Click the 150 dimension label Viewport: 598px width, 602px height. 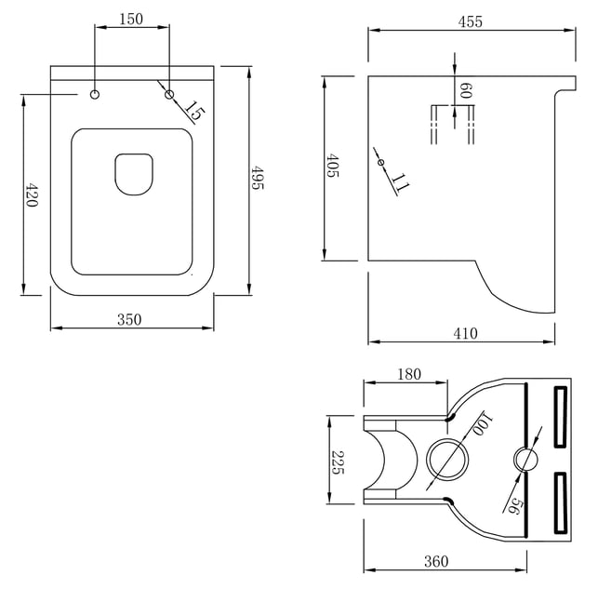[x=131, y=19]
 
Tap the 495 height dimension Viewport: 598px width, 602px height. [x=257, y=178]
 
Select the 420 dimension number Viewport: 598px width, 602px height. [x=32, y=195]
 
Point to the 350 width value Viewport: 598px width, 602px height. [x=129, y=319]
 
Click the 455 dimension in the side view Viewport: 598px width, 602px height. [x=471, y=22]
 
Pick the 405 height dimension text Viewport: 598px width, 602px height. [x=332, y=165]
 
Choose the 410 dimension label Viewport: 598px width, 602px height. [x=466, y=333]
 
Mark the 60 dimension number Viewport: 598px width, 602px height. [x=466, y=90]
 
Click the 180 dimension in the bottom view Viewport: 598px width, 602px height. [x=409, y=374]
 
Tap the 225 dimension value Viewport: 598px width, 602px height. [x=338, y=462]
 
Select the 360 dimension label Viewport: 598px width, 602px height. [x=436, y=561]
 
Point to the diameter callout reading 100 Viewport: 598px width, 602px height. [x=482, y=424]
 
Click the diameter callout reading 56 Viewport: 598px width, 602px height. [x=514, y=506]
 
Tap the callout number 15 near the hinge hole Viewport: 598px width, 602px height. [x=194, y=111]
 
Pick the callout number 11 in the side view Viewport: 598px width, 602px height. [x=400, y=182]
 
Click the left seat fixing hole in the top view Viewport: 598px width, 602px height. [x=95, y=94]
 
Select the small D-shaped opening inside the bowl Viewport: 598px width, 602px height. [x=134, y=175]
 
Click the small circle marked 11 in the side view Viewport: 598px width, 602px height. [x=380, y=163]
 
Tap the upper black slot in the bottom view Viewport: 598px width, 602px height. [x=561, y=417]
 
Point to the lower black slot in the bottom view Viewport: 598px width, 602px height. [x=561, y=502]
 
